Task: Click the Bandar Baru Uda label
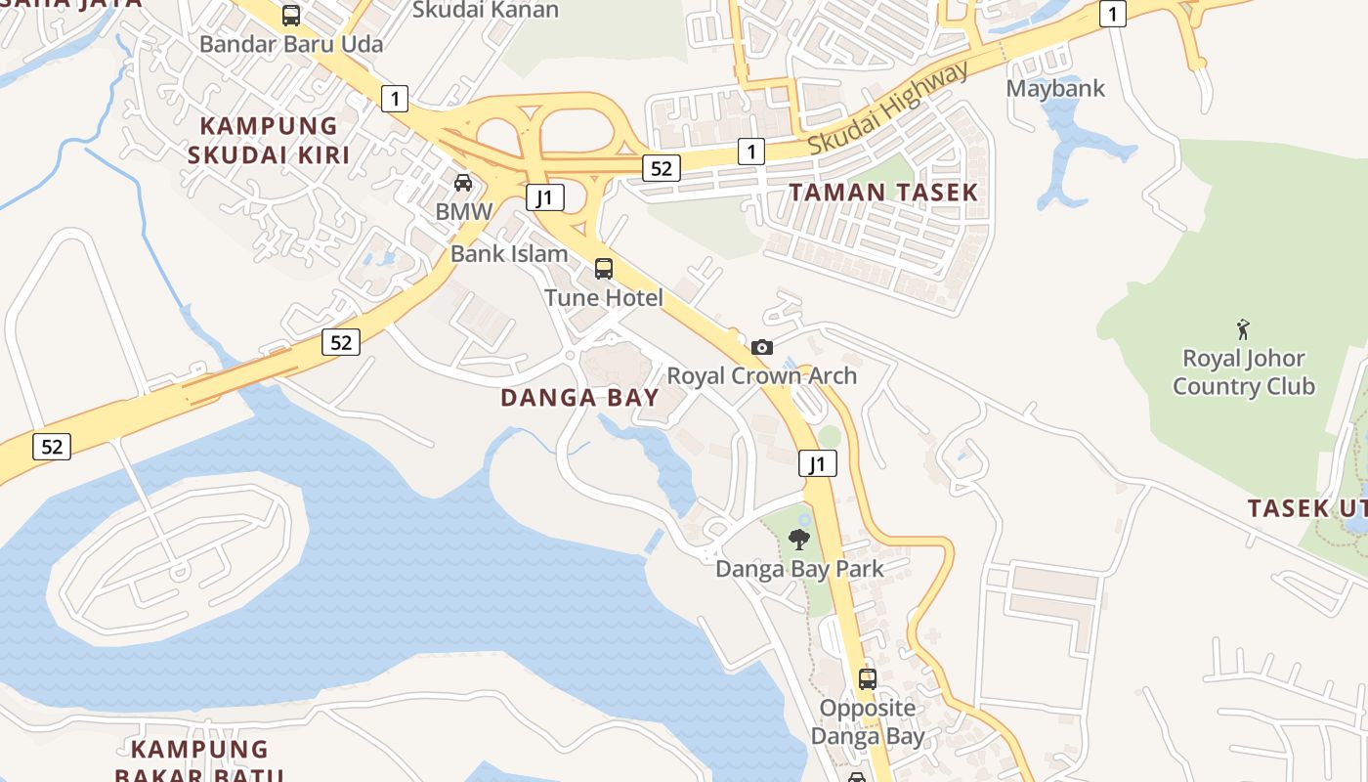291,44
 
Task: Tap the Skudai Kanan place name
486,11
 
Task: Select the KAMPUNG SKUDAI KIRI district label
269,140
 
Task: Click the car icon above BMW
463,183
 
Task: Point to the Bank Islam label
509,254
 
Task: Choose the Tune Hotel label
604,298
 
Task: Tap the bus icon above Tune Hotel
604,269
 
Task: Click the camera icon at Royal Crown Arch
762,347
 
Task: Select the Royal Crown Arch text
762,376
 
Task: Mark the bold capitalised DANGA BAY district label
579,398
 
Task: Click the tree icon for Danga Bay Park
799,539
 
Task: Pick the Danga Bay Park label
799,569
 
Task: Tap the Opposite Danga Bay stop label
868,722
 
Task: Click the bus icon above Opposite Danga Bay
868,678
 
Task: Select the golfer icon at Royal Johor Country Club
1243,328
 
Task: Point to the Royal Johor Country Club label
1244,372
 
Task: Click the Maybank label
1056,89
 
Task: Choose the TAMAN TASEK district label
883,193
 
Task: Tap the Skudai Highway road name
889,109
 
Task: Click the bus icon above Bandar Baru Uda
291,16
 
